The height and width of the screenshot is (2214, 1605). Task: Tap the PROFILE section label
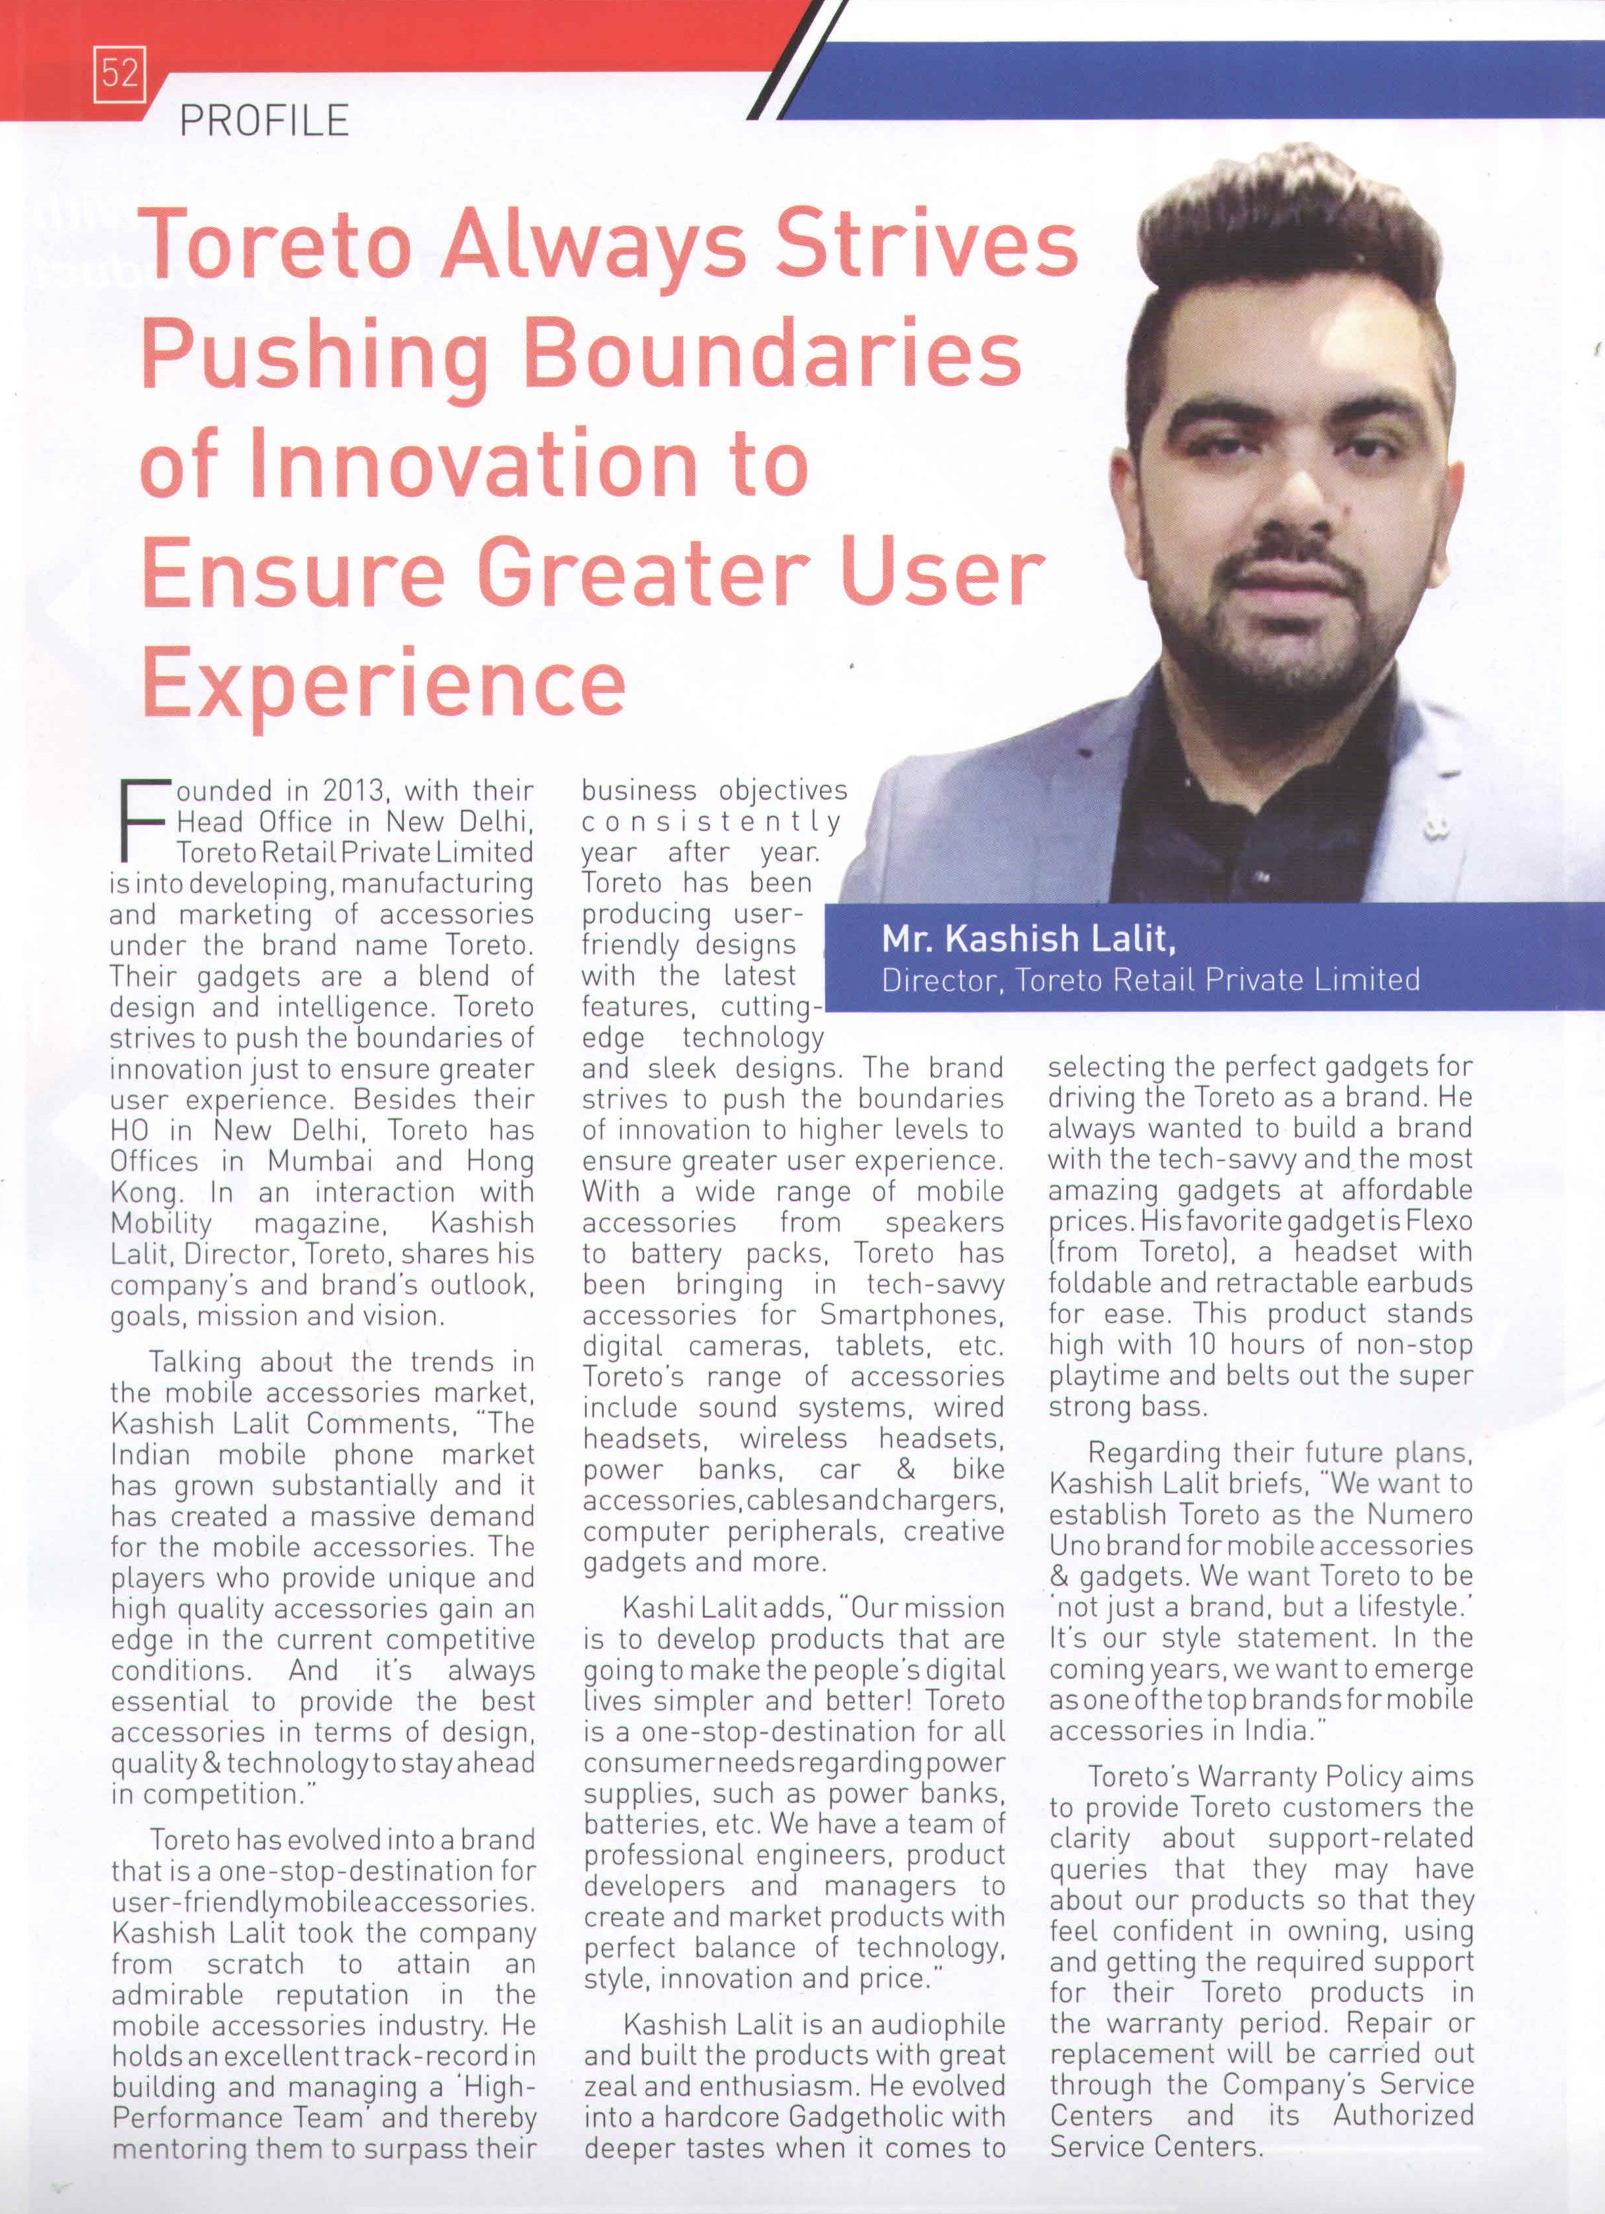(265, 121)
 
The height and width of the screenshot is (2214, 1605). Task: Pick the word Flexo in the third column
(1434, 1220)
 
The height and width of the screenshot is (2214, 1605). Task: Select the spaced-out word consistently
(710, 821)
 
